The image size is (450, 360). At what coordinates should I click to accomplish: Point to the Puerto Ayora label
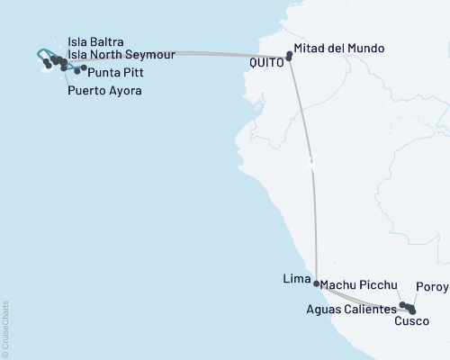tap(104, 91)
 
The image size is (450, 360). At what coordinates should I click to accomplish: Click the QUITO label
tap(267, 62)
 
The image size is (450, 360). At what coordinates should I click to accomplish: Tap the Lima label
tap(296, 278)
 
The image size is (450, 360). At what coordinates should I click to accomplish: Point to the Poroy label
tap(432, 288)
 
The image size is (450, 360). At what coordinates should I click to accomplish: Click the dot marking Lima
tap(316, 283)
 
